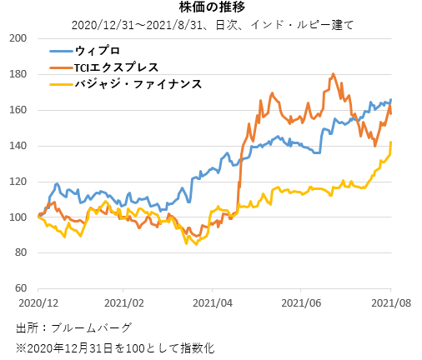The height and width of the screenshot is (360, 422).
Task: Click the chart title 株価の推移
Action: [x=210, y=7]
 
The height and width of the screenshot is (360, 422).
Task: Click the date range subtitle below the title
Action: [x=210, y=23]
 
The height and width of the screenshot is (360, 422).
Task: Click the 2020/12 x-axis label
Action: [x=38, y=303]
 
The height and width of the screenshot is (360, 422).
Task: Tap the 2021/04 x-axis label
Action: [x=212, y=303]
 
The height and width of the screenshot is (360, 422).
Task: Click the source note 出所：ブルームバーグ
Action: [x=73, y=327]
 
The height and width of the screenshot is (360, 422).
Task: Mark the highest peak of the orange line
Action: [x=334, y=74]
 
